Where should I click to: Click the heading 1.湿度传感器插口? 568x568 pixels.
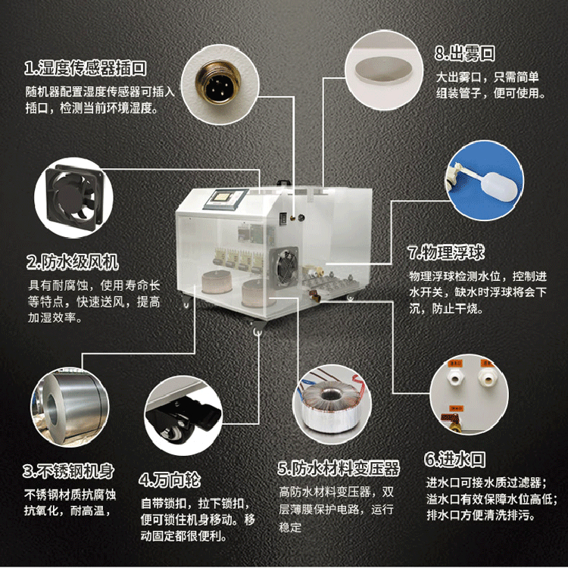point(86,67)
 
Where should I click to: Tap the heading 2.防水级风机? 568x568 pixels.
point(73,261)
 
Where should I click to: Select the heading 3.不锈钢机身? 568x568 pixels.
point(68,471)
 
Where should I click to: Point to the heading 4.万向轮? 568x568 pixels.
point(170,479)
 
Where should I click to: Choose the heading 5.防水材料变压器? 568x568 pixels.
point(339,468)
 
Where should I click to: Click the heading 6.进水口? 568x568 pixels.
point(455,459)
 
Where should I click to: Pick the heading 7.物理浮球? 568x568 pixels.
point(446,252)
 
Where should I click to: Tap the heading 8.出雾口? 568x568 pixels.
point(465,53)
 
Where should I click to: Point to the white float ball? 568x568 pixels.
point(499,187)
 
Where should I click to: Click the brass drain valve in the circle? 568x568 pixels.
point(451,421)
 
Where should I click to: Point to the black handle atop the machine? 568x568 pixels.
point(283,183)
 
